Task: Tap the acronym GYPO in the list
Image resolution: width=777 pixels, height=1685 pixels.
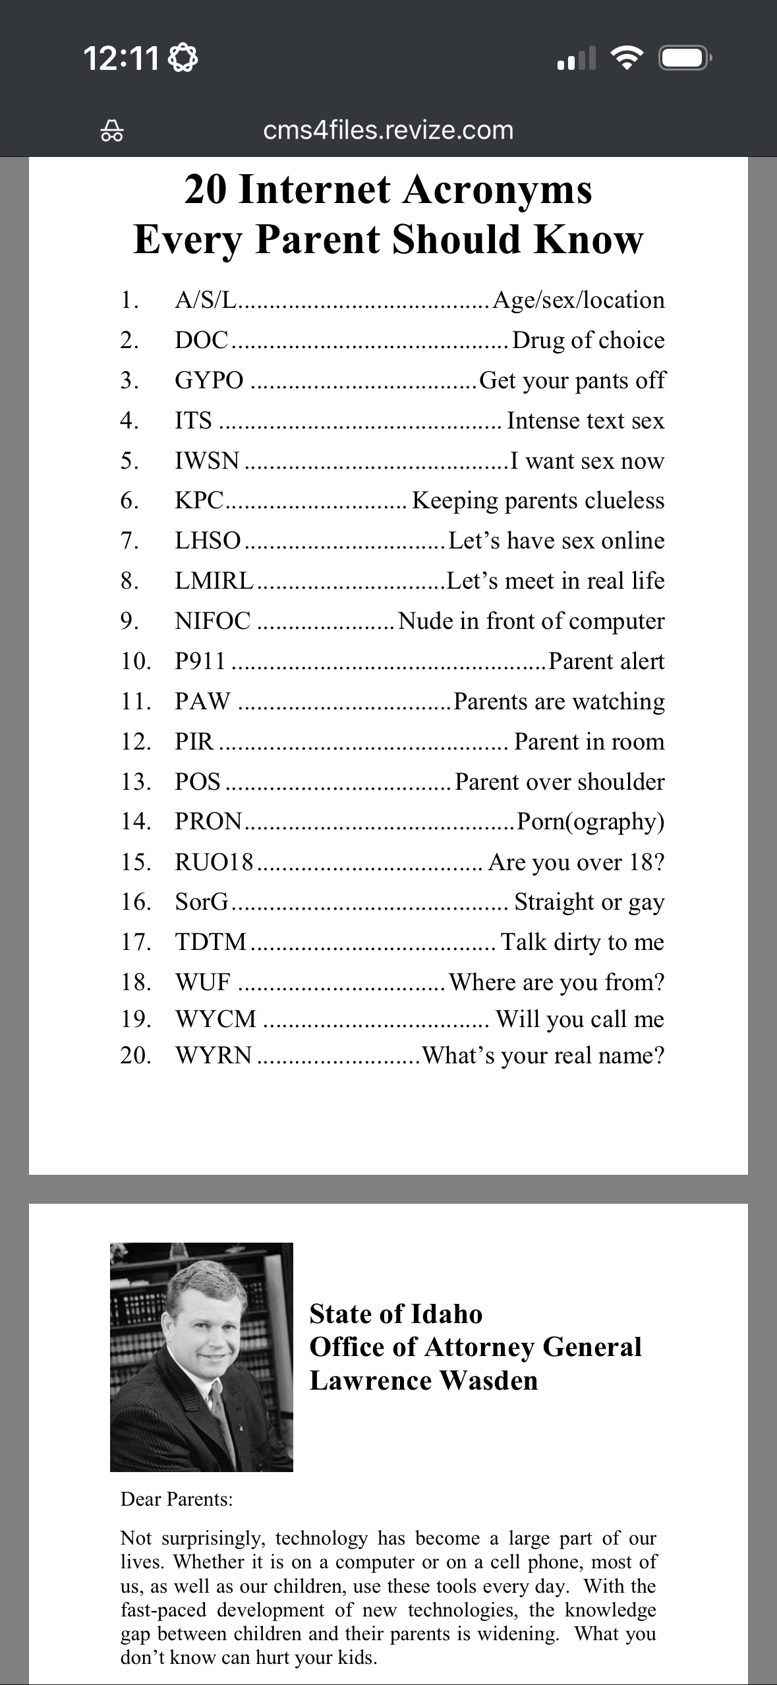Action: (209, 380)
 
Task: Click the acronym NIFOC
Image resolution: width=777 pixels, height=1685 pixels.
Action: (213, 621)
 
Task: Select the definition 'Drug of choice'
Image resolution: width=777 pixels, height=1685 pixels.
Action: (588, 340)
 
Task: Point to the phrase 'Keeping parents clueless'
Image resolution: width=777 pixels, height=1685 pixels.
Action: (538, 501)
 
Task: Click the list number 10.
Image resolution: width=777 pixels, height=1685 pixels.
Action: (136, 661)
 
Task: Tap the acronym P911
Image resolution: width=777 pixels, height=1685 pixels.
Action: (200, 661)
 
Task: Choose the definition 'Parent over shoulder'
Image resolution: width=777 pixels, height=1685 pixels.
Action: (560, 782)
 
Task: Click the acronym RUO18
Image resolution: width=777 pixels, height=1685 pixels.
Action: (214, 862)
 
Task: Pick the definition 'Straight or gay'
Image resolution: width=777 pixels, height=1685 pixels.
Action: (589, 902)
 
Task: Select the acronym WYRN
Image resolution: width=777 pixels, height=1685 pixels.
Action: (214, 1055)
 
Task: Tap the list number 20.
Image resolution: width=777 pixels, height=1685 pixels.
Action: (136, 1055)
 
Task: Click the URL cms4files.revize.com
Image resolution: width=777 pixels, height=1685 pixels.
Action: (388, 131)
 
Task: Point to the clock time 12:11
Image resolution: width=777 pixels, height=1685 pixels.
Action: (121, 59)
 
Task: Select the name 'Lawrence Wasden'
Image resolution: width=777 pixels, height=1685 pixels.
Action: (424, 1380)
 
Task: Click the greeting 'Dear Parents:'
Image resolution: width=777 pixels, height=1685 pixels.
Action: (177, 1500)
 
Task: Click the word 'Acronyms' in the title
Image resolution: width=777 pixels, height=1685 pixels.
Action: (497, 190)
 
